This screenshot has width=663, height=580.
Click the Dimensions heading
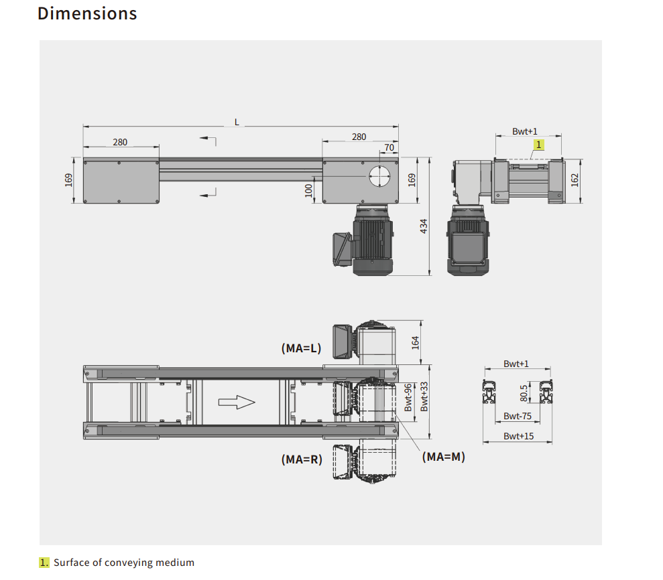point(87,13)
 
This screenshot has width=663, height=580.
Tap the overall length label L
point(237,122)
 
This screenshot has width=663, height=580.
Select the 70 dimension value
point(389,147)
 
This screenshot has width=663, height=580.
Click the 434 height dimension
point(424,226)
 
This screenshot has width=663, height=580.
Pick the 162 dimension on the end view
point(575,180)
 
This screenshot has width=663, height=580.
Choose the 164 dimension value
point(415,342)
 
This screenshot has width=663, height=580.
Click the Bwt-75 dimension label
point(518,416)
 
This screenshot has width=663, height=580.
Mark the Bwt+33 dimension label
point(424,396)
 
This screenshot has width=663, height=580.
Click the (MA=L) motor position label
point(301,348)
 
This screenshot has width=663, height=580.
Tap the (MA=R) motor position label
point(301,459)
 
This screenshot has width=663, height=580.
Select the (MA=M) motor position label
point(443,457)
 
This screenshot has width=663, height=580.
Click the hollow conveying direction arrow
point(237,402)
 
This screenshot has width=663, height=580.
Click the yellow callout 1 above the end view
point(539,144)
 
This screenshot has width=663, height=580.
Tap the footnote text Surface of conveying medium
point(124,563)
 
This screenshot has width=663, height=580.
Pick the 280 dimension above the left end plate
point(120,142)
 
